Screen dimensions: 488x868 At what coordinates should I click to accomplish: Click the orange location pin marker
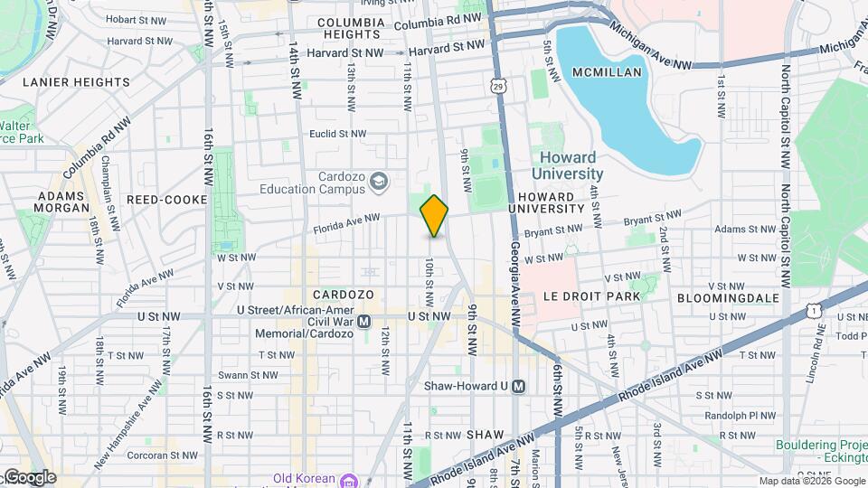click(434, 216)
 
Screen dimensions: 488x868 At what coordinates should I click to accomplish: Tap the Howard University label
click(567, 165)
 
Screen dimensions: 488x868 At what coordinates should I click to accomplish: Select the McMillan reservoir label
click(608, 72)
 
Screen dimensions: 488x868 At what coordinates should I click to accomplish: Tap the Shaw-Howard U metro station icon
click(519, 386)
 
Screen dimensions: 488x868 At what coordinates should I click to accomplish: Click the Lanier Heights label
click(76, 82)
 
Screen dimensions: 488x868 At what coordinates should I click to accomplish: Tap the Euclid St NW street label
click(336, 134)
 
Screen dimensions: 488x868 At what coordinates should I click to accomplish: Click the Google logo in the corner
click(29, 477)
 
